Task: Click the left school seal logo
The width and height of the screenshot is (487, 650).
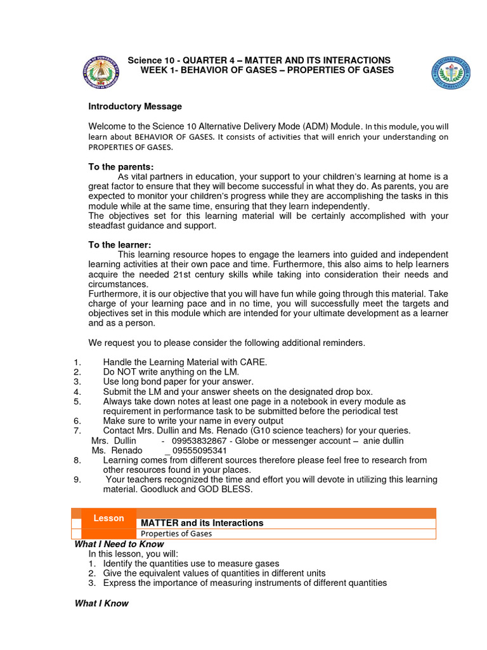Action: pyautogui.click(x=101, y=71)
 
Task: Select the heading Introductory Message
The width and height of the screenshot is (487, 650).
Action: pyautogui.click(x=135, y=107)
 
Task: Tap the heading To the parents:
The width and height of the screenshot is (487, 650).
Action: pyautogui.click(x=120, y=167)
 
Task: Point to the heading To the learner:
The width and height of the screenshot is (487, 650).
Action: pyautogui.click(x=120, y=245)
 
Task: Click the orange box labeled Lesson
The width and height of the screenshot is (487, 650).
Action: pyautogui.click(x=108, y=519)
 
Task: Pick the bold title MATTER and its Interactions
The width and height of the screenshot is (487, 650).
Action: pyautogui.click(x=202, y=523)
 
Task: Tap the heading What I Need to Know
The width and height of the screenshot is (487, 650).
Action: pyautogui.click(x=119, y=544)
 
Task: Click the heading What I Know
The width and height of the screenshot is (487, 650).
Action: pyautogui.click(x=101, y=603)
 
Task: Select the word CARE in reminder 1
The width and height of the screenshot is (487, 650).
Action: pyautogui.click(x=252, y=362)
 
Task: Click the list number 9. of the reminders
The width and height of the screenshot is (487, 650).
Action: pyautogui.click(x=77, y=479)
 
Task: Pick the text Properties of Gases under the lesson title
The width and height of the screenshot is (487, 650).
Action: pyautogui.click(x=176, y=534)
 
